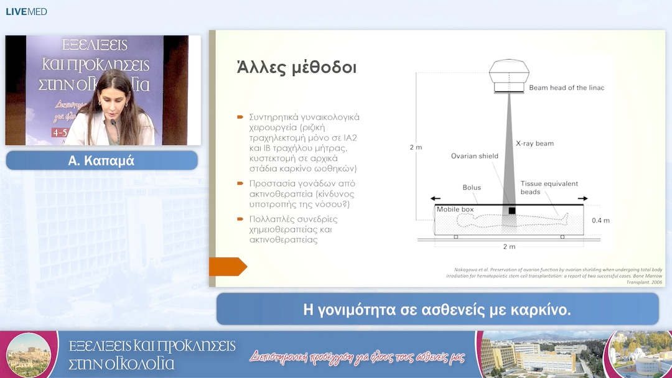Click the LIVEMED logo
26,12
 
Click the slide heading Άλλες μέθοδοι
297,67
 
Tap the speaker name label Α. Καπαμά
101,161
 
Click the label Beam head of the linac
566,88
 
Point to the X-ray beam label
534,144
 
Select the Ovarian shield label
475,156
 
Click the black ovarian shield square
511,211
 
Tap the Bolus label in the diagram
472,187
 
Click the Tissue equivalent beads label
549,188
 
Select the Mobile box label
455,210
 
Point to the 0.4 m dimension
600,221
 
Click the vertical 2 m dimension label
415,147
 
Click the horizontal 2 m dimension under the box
508,247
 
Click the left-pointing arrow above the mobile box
441,198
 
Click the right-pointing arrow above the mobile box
581,198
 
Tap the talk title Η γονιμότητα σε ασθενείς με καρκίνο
437,309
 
